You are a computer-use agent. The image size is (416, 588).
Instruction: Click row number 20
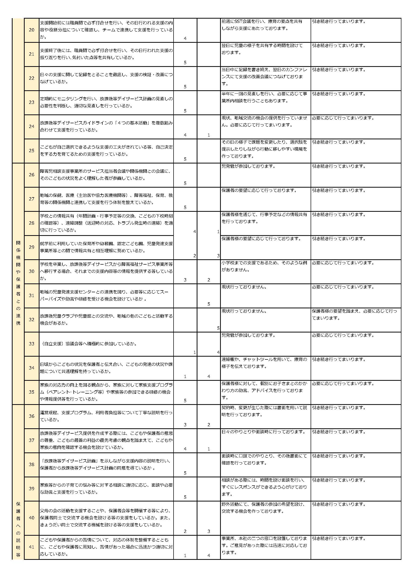click(31, 30)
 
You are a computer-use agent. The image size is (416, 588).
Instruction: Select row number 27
click(31, 199)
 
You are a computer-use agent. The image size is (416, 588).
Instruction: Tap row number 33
click(31, 344)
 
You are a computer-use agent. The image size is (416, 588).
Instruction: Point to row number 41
click(31, 547)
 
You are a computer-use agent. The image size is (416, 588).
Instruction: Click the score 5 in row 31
click(209, 304)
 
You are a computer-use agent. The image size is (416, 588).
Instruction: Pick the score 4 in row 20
click(185, 38)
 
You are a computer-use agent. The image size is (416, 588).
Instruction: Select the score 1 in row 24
click(209, 135)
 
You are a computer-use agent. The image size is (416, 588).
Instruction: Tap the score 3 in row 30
click(185, 280)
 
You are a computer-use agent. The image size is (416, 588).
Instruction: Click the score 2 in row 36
click(209, 425)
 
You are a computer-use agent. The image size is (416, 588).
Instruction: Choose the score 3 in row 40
click(209, 531)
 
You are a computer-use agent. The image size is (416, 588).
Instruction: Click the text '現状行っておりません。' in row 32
click(244, 311)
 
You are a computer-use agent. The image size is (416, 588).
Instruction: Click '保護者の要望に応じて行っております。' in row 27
click(259, 190)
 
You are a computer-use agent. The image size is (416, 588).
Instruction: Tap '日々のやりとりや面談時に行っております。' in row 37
click(264, 432)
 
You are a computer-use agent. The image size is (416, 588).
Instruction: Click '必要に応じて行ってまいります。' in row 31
click(343, 287)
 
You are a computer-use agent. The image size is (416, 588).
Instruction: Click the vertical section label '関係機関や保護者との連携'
click(18, 283)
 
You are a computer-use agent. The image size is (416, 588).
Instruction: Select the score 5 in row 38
click(185, 473)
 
